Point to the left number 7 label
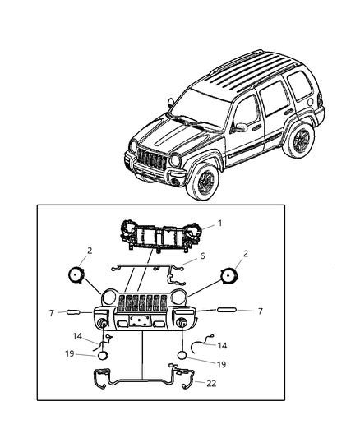pos(51,313)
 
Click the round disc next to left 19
pos(103,356)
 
